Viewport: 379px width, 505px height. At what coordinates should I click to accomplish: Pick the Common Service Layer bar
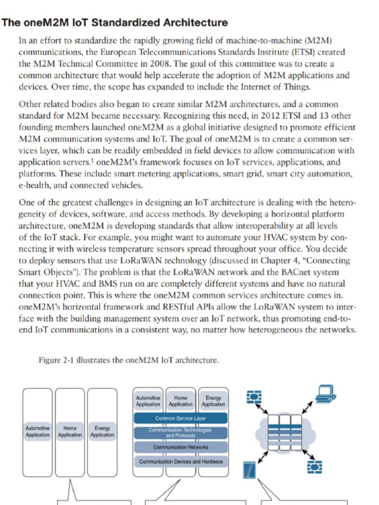(x=181, y=418)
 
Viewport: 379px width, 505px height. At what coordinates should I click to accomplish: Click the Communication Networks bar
(x=181, y=447)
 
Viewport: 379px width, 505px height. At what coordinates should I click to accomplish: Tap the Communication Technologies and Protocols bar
(x=181, y=433)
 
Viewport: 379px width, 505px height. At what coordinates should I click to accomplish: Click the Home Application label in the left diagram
(x=70, y=432)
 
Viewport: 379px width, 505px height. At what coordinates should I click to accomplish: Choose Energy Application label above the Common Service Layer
(x=213, y=401)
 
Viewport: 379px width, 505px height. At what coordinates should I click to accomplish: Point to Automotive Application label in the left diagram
(x=38, y=432)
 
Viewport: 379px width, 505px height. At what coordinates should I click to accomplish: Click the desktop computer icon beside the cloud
(x=326, y=393)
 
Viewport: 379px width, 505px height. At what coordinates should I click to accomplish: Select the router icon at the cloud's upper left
(x=254, y=397)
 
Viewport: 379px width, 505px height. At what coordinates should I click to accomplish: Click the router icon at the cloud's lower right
(x=314, y=466)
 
